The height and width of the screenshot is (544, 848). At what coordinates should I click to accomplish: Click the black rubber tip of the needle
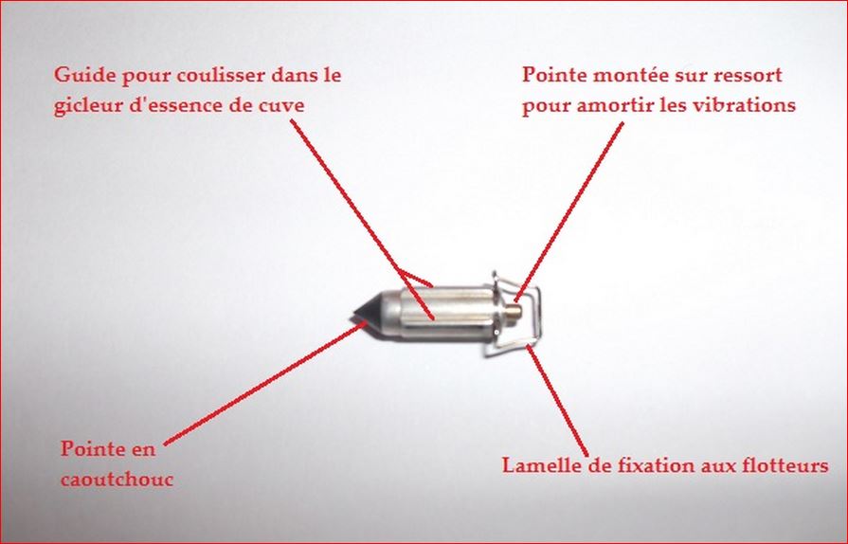click(x=368, y=314)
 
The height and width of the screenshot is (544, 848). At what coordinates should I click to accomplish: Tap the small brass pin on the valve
click(x=514, y=312)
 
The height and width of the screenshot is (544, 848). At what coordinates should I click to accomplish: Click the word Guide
click(x=85, y=75)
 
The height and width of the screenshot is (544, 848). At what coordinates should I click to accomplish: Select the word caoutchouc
click(x=117, y=480)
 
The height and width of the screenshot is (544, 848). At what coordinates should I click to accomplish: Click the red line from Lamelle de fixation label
click(x=557, y=401)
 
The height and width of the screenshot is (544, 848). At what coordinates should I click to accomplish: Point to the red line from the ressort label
click(x=568, y=211)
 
